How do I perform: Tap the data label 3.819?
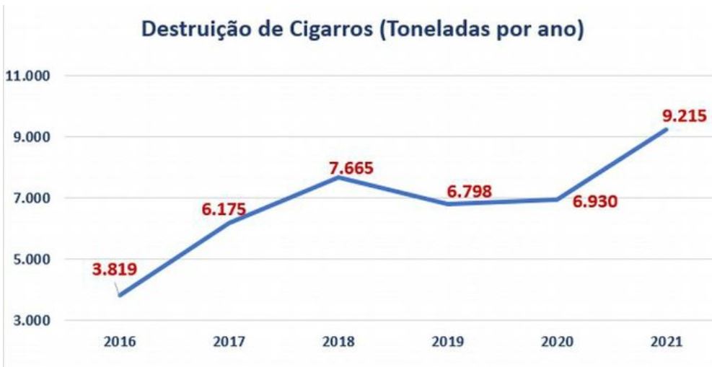point(114,272)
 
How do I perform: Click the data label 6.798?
point(474,191)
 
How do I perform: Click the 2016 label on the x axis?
point(119,342)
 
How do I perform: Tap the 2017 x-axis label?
point(229,342)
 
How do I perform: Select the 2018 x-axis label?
point(338,342)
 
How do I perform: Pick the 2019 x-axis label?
point(448,342)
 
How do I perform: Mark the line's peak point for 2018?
point(338,177)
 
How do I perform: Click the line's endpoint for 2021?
point(667,130)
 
